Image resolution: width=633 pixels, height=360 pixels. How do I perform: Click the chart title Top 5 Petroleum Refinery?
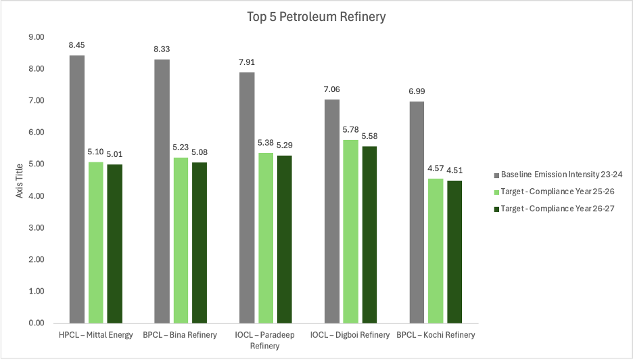tap(316, 17)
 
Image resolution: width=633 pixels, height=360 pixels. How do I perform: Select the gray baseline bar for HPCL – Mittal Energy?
tap(77, 189)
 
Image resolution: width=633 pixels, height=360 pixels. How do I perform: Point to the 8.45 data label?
tap(77, 46)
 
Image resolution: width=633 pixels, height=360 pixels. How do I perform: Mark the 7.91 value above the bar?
tap(247, 63)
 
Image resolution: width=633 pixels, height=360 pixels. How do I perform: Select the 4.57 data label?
tap(436, 170)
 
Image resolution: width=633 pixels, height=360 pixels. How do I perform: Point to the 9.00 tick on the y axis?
tap(35, 37)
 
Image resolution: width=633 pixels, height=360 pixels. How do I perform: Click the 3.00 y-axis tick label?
tap(35, 228)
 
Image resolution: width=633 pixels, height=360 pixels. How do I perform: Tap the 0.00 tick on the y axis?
tap(35, 323)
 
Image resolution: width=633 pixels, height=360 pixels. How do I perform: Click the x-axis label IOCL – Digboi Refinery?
tap(350, 335)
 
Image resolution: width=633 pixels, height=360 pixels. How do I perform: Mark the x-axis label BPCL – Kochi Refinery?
tap(436, 335)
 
